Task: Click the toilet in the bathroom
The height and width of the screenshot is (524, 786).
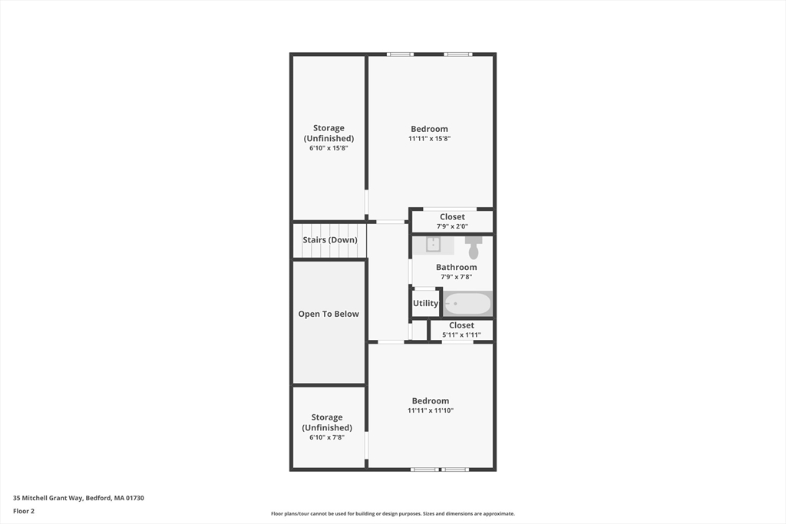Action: pyautogui.click(x=473, y=248)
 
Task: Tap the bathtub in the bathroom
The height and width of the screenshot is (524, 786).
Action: pyautogui.click(x=467, y=304)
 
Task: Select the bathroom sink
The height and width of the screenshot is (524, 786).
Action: pyautogui.click(x=433, y=245)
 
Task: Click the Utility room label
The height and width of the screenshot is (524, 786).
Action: pyautogui.click(x=425, y=303)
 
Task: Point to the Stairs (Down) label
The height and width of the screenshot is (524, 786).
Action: pyautogui.click(x=329, y=240)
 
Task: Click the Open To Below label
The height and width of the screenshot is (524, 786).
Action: pyautogui.click(x=329, y=314)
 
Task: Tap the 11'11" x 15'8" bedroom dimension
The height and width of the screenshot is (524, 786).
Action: pyautogui.click(x=429, y=139)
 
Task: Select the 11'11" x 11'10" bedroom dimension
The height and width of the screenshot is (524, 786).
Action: pyautogui.click(x=431, y=410)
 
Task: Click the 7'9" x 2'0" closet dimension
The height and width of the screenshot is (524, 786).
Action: pyautogui.click(x=452, y=226)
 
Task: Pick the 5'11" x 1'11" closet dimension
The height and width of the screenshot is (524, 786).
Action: pyautogui.click(x=461, y=335)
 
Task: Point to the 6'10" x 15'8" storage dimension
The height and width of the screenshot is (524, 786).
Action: pyautogui.click(x=329, y=148)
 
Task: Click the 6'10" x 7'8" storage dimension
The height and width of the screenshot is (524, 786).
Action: pyautogui.click(x=327, y=437)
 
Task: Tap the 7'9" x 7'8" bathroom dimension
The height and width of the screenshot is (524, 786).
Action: pyautogui.click(x=457, y=277)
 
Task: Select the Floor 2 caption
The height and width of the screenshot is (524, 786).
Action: pyautogui.click(x=24, y=511)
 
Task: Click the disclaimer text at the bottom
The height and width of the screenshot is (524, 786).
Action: pyautogui.click(x=392, y=514)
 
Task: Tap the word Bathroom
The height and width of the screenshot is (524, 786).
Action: pyautogui.click(x=457, y=267)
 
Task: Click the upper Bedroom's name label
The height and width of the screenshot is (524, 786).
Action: pyautogui.click(x=429, y=129)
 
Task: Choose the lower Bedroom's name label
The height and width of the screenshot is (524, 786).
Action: pyautogui.click(x=431, y=400)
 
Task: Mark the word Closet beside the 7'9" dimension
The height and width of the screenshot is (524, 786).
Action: pyautogui.click(x=452, y=217)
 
